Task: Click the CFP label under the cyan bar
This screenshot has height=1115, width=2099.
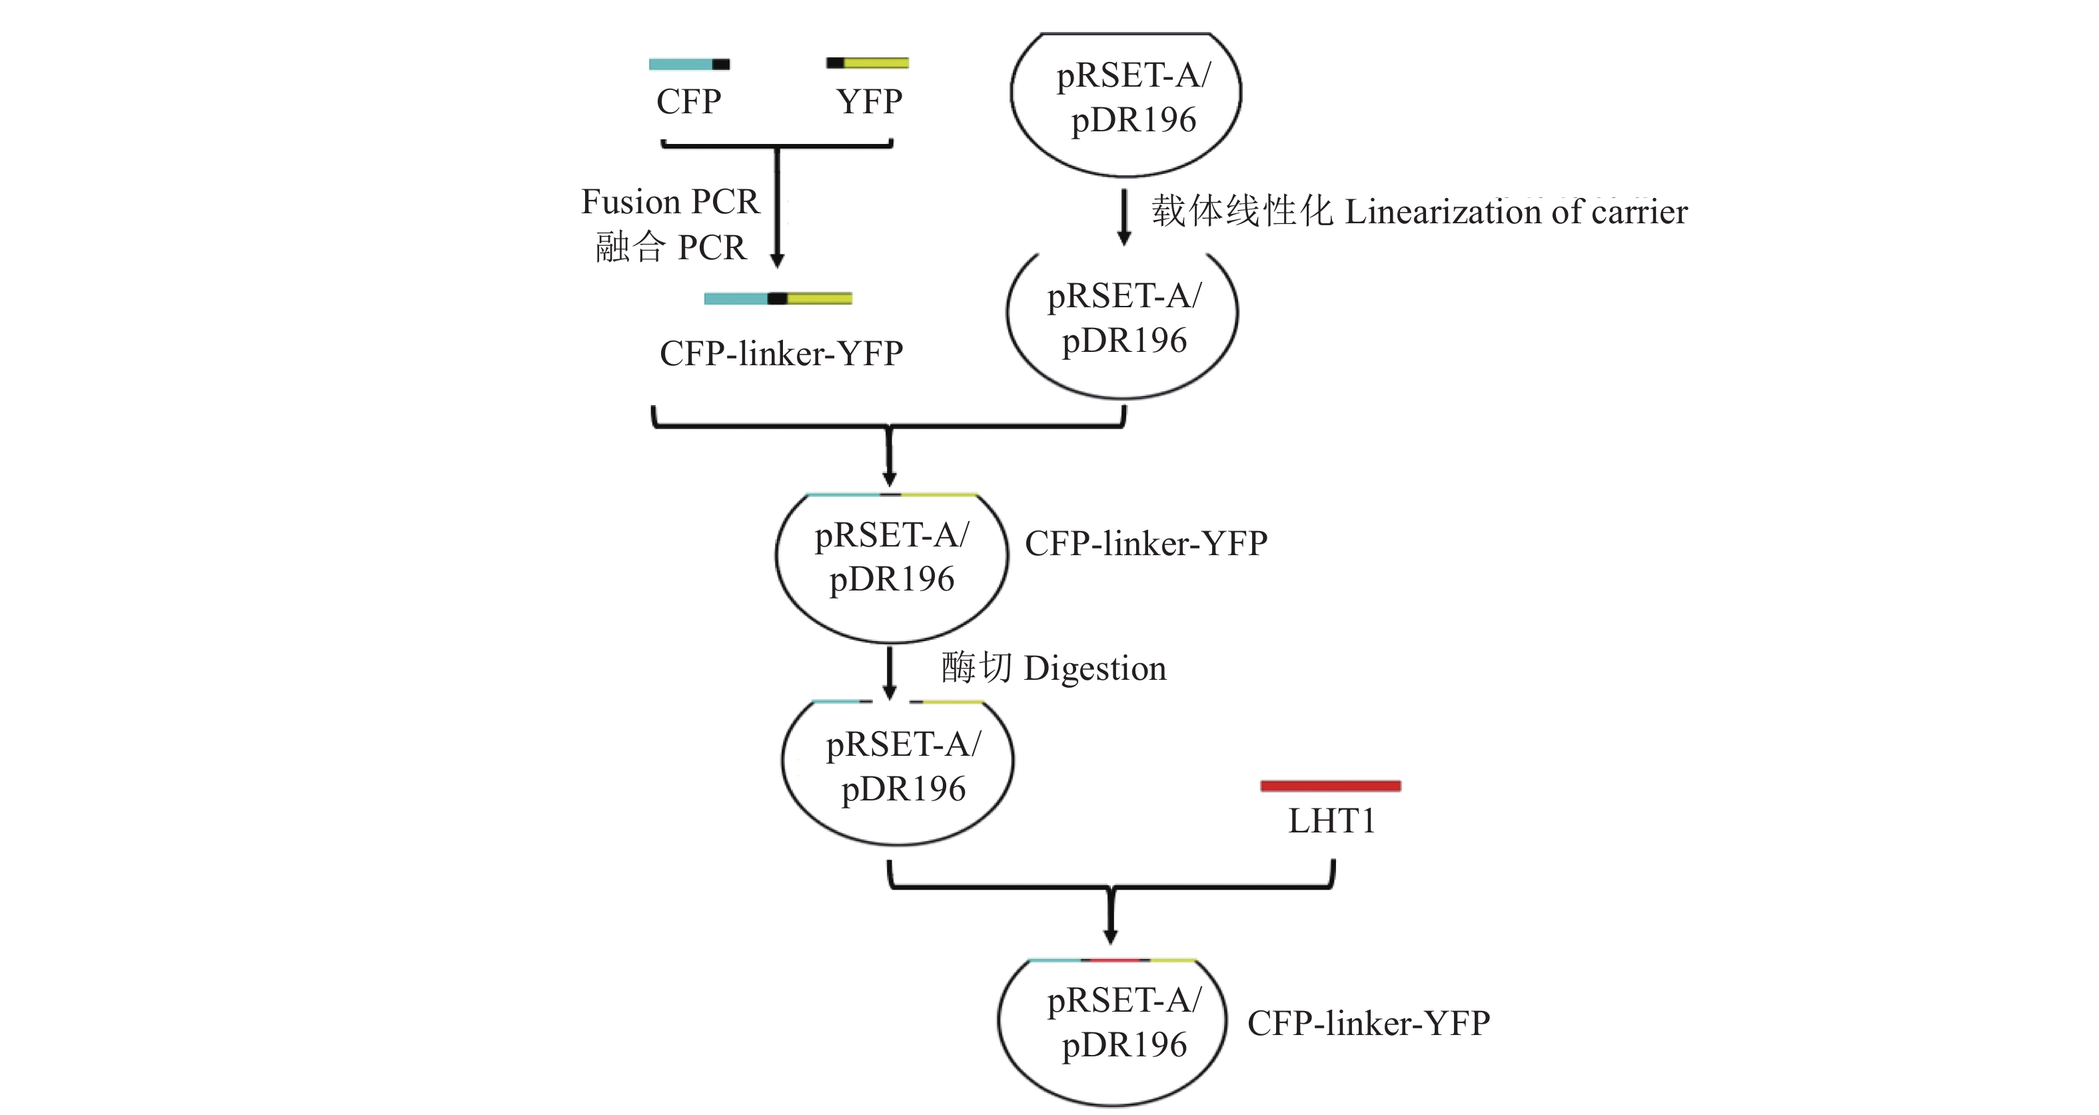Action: tap(688, 102)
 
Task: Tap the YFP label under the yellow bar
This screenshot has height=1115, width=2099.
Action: tap(869, 102)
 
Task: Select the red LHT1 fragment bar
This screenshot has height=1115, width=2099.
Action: tap(1330, 786)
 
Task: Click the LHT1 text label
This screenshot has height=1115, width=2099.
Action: tap(1331, 821)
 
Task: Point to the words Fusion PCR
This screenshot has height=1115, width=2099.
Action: tap(670, 201)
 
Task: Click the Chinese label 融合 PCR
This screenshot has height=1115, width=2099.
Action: tap(670, 247)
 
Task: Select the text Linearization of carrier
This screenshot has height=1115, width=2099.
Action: tap(1515, 212)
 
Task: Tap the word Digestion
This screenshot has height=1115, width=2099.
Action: tap(1094, 668)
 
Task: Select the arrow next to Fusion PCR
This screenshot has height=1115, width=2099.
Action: tap(778, 208)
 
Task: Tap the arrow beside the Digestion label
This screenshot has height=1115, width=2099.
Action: tap(890, 672)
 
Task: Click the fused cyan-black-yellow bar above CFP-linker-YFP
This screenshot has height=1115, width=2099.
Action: tap(778, 299)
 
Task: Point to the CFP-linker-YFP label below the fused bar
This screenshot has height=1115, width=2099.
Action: tap(780, 354)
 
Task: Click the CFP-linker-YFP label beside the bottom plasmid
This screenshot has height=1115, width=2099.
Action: tap(1368, 1024)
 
